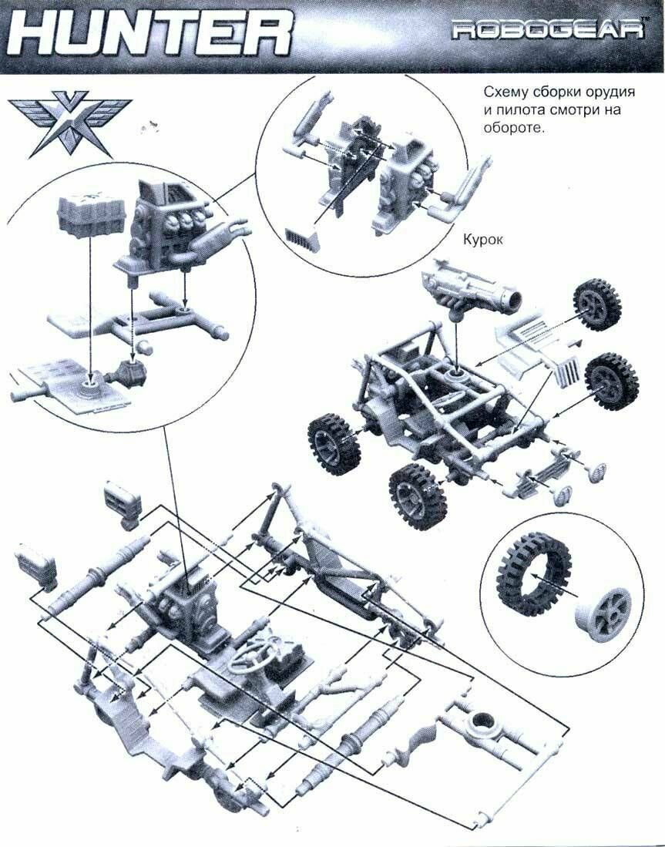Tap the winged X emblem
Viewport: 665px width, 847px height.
[58, 123]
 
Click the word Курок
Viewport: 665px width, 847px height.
[482, 240]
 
